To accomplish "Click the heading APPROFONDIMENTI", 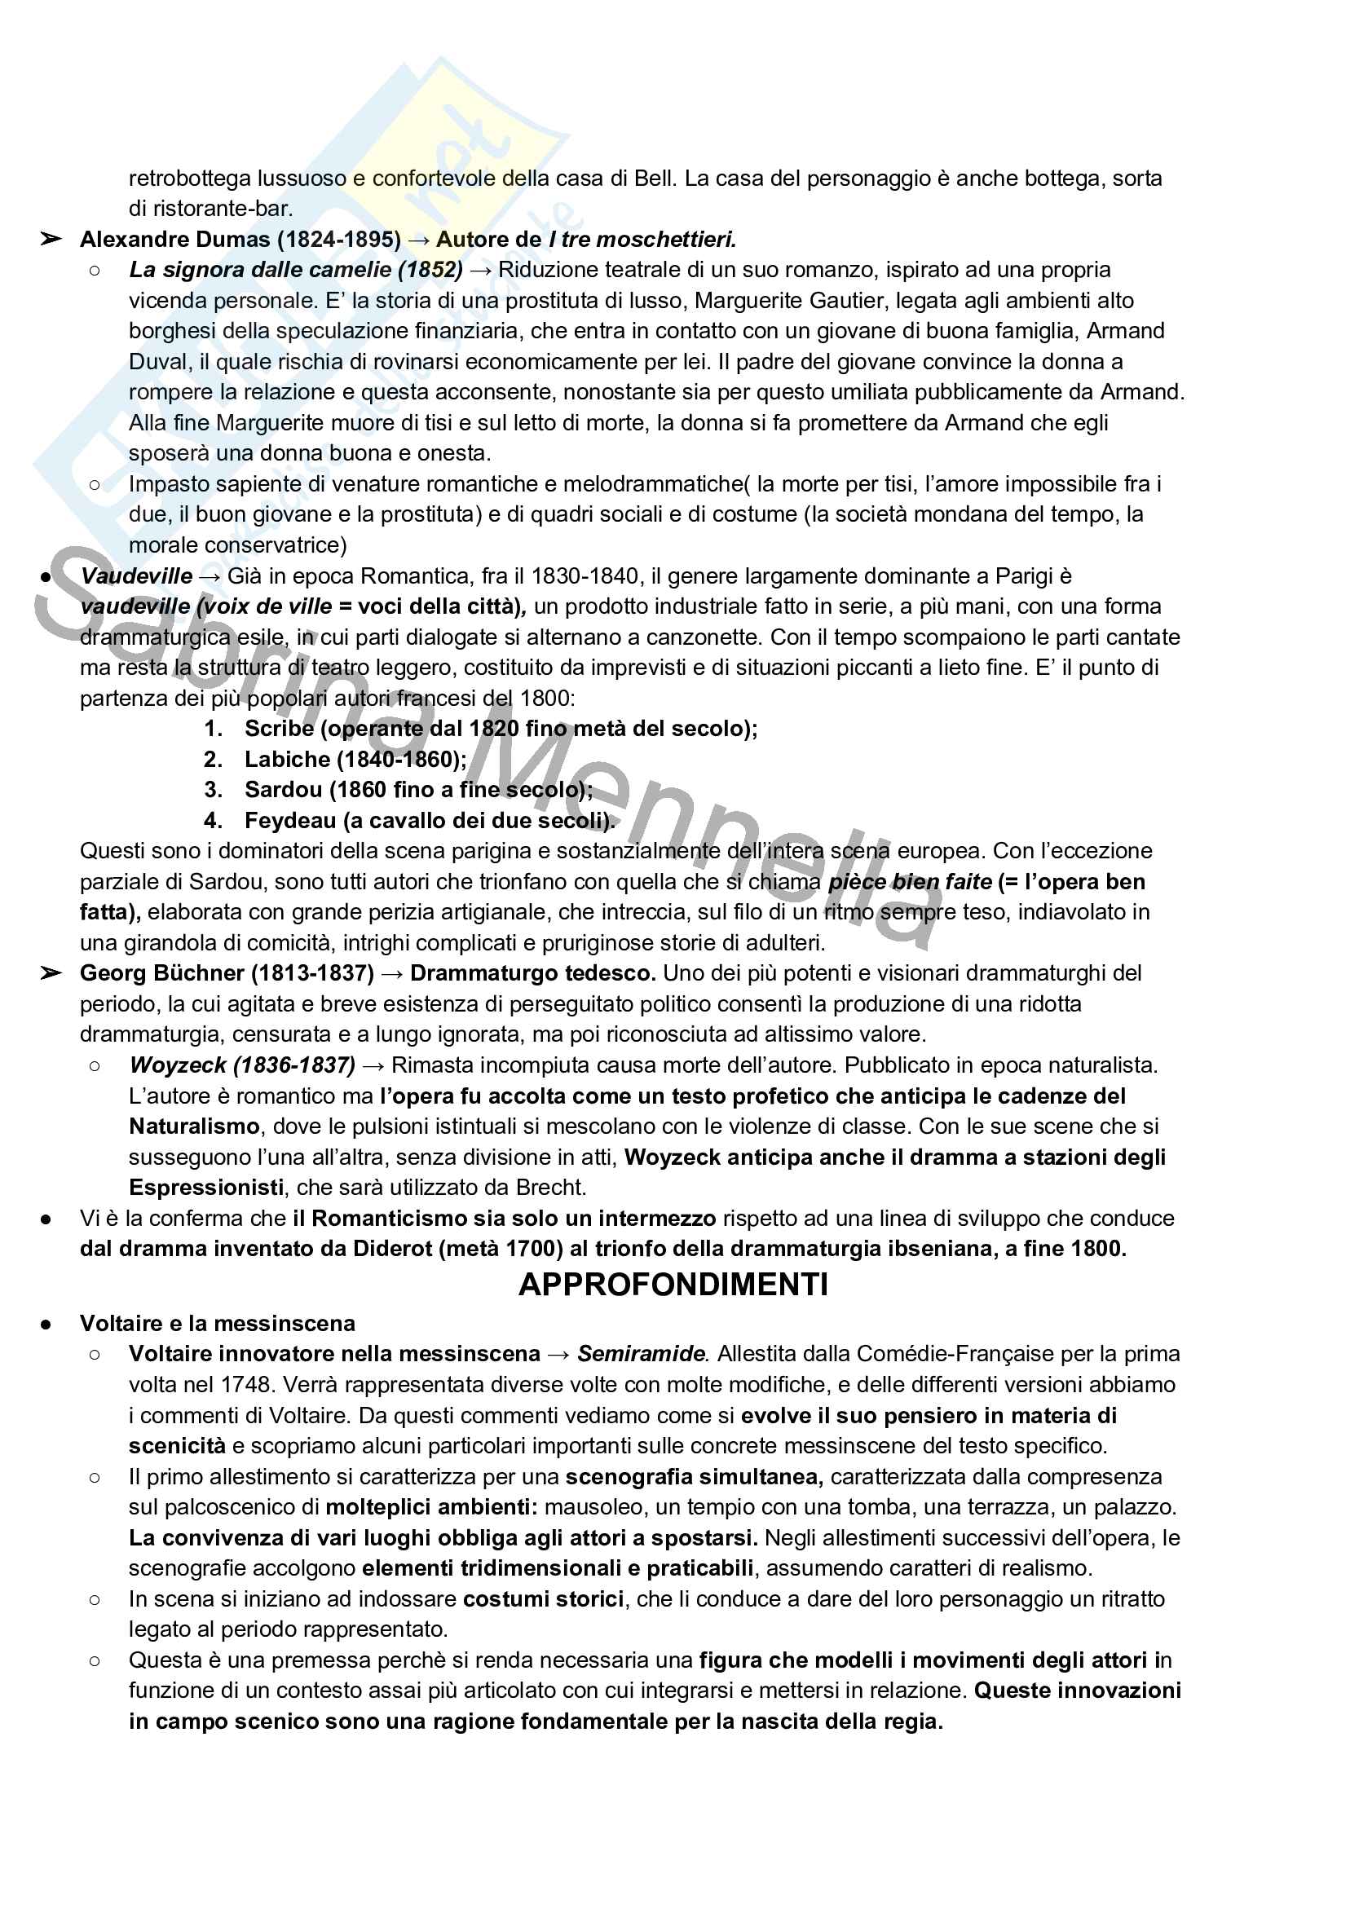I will tap(673, 1285).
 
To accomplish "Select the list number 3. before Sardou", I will tap(213, 790).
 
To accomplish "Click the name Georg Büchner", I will tap(161, 972).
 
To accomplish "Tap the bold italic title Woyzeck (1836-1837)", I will tap(242, 1065).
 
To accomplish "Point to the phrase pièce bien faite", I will tap(910, 881).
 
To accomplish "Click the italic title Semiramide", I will tap(642, 1354).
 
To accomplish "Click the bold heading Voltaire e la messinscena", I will tap(217, 1323).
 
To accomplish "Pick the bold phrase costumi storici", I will tap(543, 1599).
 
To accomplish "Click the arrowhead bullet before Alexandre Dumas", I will tap(51, 240).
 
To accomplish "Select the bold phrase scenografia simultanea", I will tap(694, 1477).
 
